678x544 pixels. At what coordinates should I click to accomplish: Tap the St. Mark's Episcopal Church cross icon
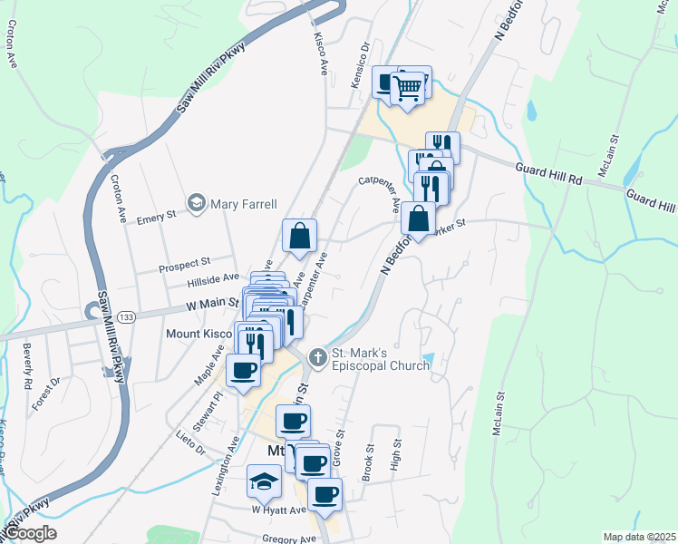click(317, 357)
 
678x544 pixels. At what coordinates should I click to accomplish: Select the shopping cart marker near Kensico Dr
click(411, 87)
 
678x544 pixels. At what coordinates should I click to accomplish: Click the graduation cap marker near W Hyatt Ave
click(263, 481)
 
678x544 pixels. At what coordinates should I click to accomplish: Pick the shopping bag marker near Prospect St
click(299, 238)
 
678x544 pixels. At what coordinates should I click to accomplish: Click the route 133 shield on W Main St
click(126, 316)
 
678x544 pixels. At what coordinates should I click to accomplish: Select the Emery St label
click(155, 219)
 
